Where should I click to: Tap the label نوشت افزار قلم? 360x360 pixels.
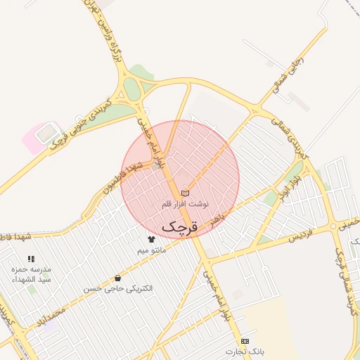(x=186, y=203)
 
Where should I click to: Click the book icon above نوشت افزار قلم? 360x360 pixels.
(x=185, y=193)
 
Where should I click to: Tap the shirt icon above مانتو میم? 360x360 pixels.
(x=151, y=240)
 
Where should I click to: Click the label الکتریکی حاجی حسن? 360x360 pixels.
(x=117, y=288)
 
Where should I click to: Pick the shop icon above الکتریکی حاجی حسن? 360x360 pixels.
(x=117, y=278)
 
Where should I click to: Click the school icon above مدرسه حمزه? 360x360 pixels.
(x=31, y=259)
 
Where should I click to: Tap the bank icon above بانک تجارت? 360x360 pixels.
(x=244, y=340)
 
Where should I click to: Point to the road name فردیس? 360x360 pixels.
(x=300, y=235)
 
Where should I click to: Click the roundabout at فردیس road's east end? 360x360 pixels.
(x=335, y=226)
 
